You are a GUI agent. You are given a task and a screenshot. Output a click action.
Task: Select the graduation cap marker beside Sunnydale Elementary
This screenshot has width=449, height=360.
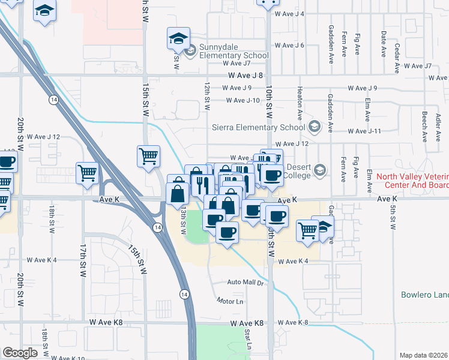[x=178, y=40]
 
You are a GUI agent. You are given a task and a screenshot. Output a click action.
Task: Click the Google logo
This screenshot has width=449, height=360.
[x=20, y=353]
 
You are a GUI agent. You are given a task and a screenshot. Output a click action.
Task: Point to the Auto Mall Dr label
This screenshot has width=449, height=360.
[x=245, y=282]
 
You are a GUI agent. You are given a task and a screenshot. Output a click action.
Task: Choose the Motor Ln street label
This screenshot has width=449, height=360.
[x=231, y=301]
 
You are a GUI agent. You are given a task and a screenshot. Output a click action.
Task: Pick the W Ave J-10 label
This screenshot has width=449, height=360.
[x=243, y=100]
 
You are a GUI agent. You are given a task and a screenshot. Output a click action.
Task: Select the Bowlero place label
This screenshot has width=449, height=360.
[x=424, y=295]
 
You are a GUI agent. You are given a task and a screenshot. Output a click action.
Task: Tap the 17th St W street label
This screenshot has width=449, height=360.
[x=83, y=256]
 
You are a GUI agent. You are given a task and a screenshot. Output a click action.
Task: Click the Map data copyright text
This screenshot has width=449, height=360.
[x=424, y=355]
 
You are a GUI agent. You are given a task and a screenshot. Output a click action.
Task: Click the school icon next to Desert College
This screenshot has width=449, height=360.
[x=321, y=170]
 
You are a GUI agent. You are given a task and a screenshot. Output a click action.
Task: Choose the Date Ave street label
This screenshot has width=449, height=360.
[x=383, y=44]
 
